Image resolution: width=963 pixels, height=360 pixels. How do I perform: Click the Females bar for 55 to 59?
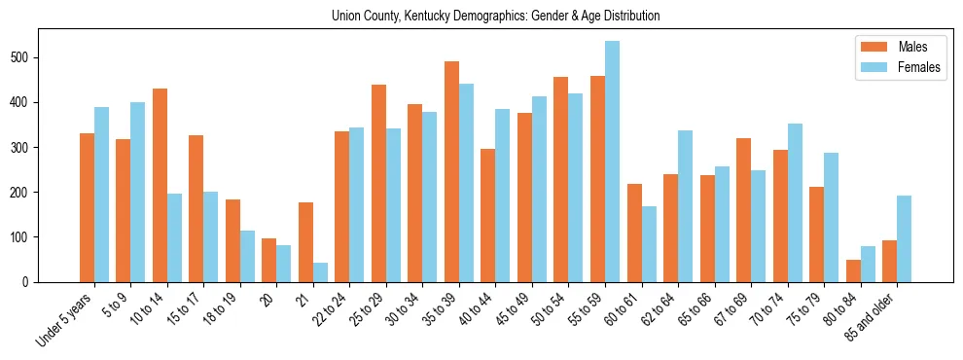point(613,162)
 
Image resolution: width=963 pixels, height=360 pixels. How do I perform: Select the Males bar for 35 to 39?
point(452,171)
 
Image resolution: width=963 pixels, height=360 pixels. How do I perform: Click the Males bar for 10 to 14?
point(160,185)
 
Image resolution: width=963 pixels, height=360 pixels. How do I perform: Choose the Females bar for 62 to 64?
point(686,206)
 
